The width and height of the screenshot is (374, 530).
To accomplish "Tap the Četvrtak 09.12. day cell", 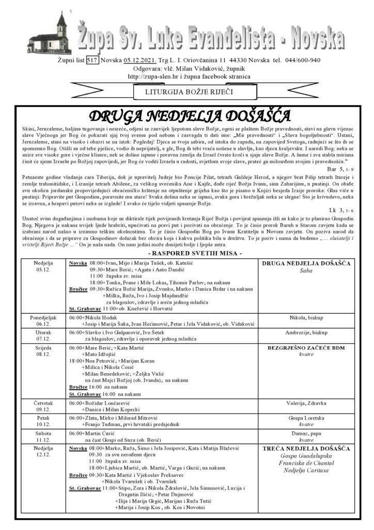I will (43, 406).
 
